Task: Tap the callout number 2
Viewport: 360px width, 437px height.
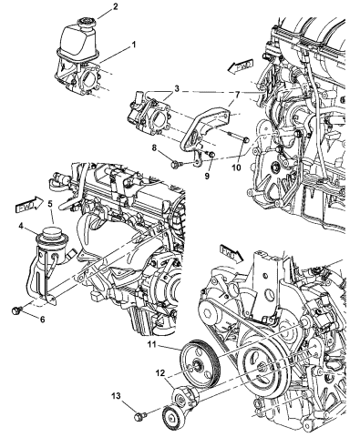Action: click(115, 8)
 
